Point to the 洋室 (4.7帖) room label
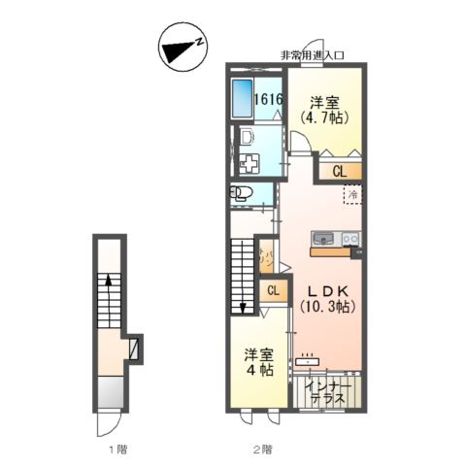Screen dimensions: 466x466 point(327,110)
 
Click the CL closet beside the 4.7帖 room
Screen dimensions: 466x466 point(339,172)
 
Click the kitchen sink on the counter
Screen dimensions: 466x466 point(324,239)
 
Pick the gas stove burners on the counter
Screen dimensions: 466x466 point(349,239)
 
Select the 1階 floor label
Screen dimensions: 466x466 point(116,449)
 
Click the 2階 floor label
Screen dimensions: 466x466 point(259,449)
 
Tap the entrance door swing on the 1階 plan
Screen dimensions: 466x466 point(110,419)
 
